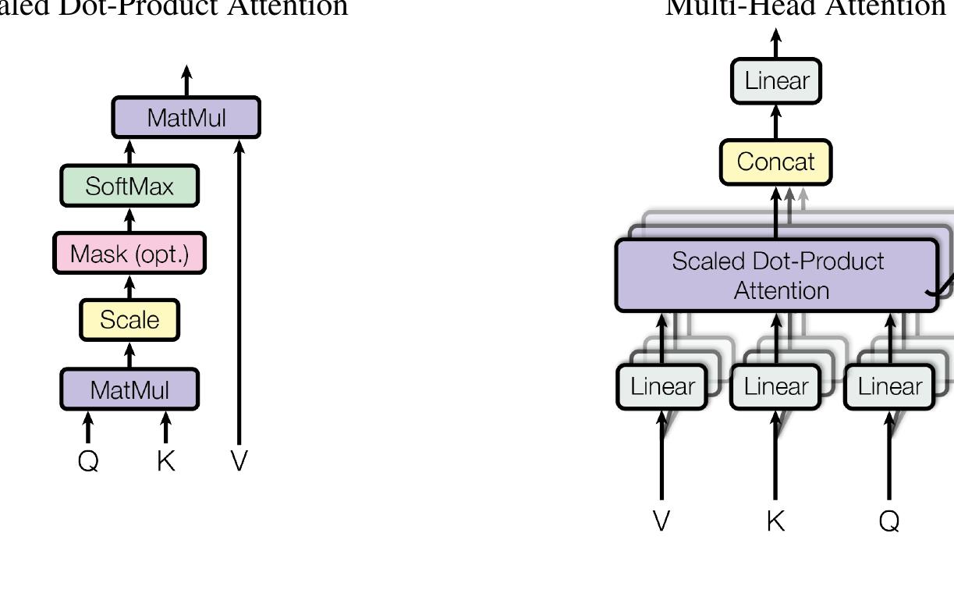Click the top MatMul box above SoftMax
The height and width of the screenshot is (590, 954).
(186, 118)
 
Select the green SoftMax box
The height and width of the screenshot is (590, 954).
(129, 187)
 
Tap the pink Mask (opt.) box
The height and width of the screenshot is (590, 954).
(129, 254)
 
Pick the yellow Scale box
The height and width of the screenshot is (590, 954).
(129, 320)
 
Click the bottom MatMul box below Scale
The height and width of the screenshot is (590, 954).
(129, 389)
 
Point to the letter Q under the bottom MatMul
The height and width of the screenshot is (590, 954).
(88, 461)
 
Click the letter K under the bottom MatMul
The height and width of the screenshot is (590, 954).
(165, 461)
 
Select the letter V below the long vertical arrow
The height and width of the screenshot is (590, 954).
(239, 461)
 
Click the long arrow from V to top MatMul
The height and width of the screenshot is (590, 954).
(239, 297)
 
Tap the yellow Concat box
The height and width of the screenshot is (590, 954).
(775, 162)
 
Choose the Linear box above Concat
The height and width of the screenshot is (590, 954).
(775, 80)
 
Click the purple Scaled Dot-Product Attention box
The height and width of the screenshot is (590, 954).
(777, 275)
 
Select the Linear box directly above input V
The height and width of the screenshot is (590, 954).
(661, 386)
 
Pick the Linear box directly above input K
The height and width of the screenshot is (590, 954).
(775, 386)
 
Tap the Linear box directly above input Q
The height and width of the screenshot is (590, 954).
(890, 386)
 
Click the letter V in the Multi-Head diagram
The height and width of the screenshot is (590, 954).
(661, 521)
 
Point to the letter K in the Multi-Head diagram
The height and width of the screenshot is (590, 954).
(775, 521)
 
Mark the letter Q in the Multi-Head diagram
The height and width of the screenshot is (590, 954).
(889, 521)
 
